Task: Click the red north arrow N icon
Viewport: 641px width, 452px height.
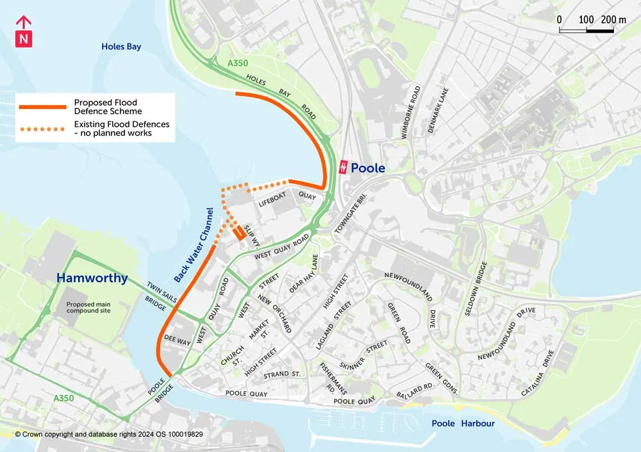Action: [23, 32]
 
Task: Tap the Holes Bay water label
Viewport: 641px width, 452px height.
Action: [121, 47]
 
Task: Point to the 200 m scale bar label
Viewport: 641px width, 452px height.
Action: [613, 20]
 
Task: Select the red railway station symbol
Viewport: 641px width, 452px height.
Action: [344, 167]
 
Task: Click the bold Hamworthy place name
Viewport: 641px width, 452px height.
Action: [92, 278]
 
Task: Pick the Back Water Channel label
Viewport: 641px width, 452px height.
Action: [194, 244]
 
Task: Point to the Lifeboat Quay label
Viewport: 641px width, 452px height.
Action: [287, 199]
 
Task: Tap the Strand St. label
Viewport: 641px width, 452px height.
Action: [281, 374]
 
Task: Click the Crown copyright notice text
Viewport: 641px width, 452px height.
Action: [109, 434]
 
